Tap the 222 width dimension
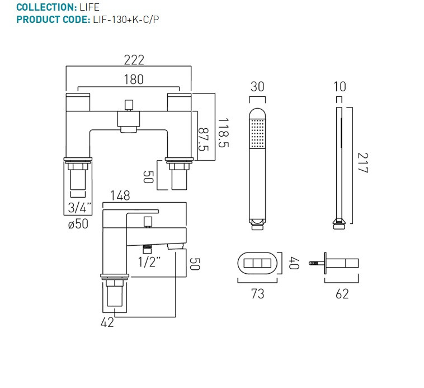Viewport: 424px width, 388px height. coord(134,60)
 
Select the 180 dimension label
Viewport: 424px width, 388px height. coord(133,80)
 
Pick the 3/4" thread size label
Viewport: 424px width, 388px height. coord(78,207)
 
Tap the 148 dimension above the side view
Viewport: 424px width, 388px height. coord(120,196)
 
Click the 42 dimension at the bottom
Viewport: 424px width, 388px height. coord(107,322)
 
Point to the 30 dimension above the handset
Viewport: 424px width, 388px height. coord(257,87)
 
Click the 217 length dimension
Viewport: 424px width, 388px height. coord(362,162)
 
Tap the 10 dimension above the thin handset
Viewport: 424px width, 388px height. coord(339,87)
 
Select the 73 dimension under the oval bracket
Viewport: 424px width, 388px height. coord(257,293)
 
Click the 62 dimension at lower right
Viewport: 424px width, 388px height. coord(342,293)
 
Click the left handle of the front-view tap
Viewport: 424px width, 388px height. coord(78,103)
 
